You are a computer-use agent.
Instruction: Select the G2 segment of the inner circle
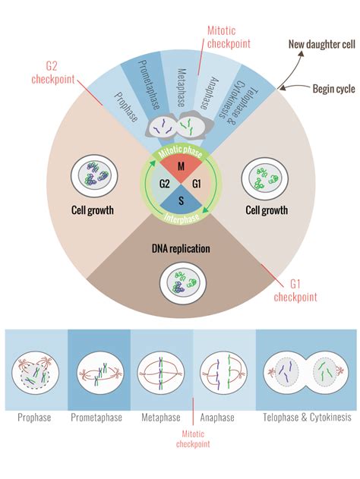point(164,184)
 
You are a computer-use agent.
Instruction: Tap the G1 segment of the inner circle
point(195,184)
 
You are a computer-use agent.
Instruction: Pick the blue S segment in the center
point(179,200)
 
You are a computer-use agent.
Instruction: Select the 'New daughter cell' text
point(321,45)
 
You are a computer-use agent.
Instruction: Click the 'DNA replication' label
point(179,247)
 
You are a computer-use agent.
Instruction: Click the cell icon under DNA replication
point(179,282)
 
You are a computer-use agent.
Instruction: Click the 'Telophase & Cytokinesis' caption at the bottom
point(302,418)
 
